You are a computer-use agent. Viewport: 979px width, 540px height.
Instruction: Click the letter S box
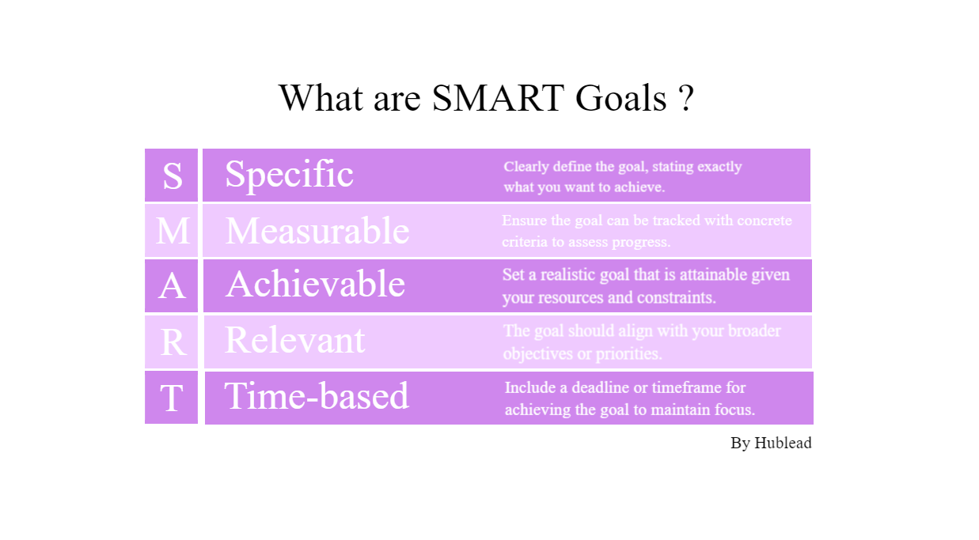(172, 175)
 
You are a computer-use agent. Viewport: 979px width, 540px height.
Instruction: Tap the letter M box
(172, 231)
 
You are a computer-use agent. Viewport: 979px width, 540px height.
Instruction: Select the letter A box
(172, 285)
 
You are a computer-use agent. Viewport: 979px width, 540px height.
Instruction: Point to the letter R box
(172, 342)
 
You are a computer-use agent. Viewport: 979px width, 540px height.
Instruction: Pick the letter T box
(172, 398)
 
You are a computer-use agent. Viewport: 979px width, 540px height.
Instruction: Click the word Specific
(289, 174)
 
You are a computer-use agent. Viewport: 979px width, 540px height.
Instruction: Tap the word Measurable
(317, 231)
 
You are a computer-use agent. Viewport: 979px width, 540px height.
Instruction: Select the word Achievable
(315, 284)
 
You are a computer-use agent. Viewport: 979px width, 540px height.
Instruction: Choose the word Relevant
(294, 340)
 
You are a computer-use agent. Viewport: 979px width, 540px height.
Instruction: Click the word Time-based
(317, 396)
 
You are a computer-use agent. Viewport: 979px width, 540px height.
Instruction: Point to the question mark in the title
(686, 98)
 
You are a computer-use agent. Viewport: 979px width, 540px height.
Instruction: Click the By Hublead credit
(771, 443)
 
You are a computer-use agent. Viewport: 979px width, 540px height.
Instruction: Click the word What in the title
(321, 98)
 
